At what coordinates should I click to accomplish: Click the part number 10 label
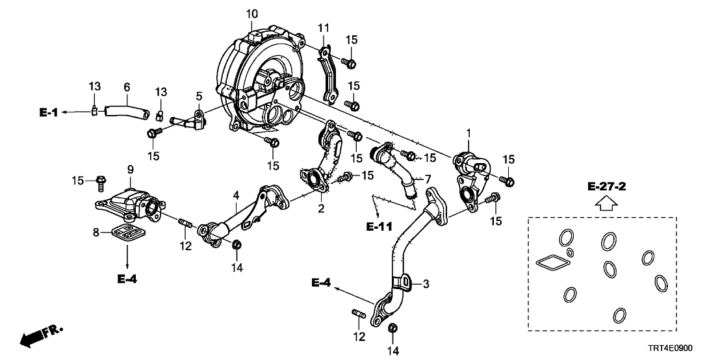252,13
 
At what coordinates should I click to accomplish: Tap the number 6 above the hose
127,87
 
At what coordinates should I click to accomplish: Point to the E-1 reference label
48,112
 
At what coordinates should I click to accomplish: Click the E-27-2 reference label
606,187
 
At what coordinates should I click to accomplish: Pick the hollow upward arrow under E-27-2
606,205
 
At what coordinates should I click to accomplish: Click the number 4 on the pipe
236,194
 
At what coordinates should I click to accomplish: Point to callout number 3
427,284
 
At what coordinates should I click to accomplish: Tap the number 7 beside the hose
428,178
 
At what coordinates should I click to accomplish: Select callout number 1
468,133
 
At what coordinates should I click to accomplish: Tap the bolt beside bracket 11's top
348,63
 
